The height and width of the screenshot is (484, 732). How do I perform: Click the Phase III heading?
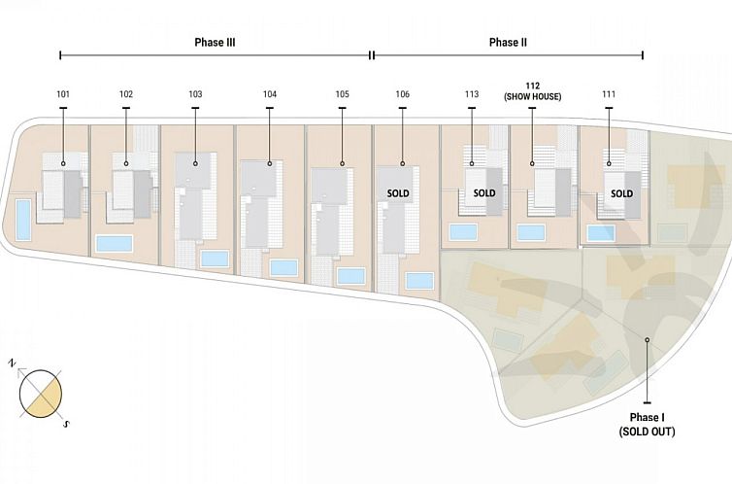pyautogui.click(x=215, y=43)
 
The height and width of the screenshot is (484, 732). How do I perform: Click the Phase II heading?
pyautogui.click(x=508, y=43)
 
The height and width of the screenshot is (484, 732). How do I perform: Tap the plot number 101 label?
pyautogui.click(x=63, y=94)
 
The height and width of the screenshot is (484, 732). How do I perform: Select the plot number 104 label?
pyautogui.click(x=270, y=94)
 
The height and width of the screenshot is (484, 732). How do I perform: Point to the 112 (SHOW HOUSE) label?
pyautogui.click(x=533, y=91)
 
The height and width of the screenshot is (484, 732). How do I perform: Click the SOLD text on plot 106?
pyautogui.click(x=398, y=193)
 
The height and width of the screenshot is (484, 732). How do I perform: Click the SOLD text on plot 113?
pyautogui.click(x=484, y=193)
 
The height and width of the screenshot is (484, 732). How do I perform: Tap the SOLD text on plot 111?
pyautogui.click(x=622, y=193)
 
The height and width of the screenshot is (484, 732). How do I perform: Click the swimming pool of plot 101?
pyautogui.click(x=23, y=220)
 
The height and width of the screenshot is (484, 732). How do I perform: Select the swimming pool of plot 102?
pyautogui.click(x=115, y=243)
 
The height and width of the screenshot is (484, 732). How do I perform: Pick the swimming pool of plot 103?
pyautogui.click(x=215, y=259)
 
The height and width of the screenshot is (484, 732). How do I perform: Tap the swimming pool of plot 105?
pyautogui.click(x=351, y=276)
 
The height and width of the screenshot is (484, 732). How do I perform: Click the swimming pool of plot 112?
pyautogui.click(x=531, y=232)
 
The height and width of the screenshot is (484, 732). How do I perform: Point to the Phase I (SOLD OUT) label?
pyautogui.click(x=647, y=425)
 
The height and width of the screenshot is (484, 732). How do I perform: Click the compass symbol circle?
pyautogui.click(x=41, y=394)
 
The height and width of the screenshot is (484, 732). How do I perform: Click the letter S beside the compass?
pyautogui.click(x=66, y=424)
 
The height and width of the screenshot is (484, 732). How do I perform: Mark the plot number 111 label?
pyautogui.click(x=609, y=94)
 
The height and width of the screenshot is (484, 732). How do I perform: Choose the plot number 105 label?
pyautogui.click(x=342, y=94)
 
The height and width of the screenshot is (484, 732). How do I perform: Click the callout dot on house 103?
pyautogui.click(x=195, y=163)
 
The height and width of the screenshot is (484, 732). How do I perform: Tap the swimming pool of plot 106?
pyautogui.click(x=419, y=281)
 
